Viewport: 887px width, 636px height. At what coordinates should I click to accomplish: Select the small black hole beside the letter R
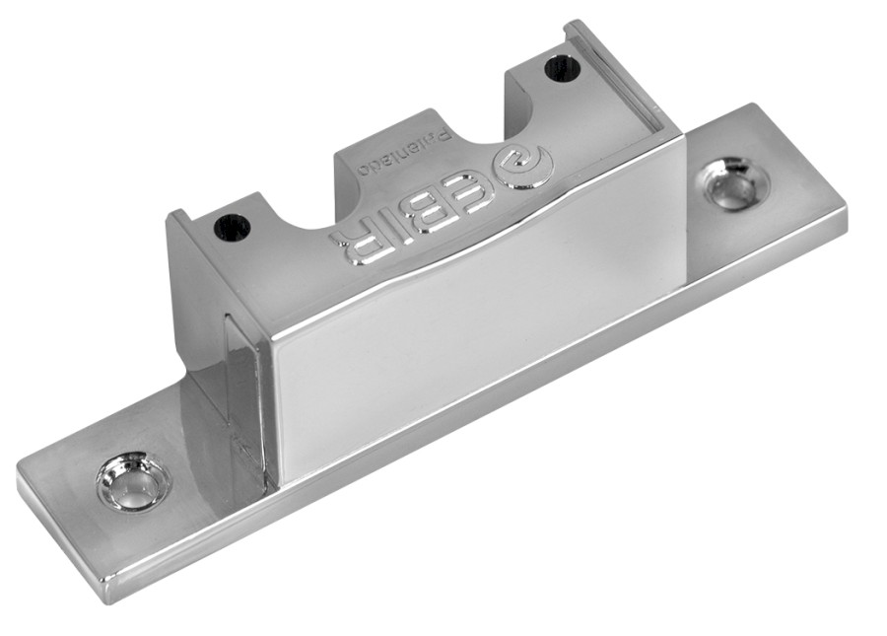232,228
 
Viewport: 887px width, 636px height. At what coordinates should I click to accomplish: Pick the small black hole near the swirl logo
563,68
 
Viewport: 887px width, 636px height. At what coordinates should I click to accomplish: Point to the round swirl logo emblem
521,169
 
